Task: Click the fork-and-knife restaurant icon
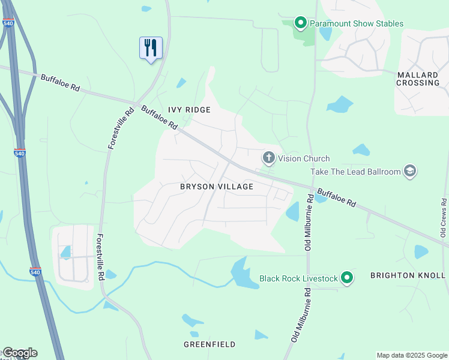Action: pyautogui.click(x=151, y=47)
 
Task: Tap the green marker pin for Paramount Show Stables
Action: pyautogui.click(x=300, y=23)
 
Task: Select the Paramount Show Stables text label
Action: pyautogui.click(x=356, y=24)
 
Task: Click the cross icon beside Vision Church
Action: pyautogui.click(x=268, y=158)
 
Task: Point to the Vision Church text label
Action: pyautogui.click(x=303, y=159)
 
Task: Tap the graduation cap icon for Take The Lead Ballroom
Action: pyautogui.click(x=410, y=172)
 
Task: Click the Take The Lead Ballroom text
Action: pyautogui.click(x=355, y=172)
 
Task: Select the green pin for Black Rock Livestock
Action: pyautogui.click(x=346, y=278)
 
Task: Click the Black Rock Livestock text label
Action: pyautogui.click(x=298, y=278)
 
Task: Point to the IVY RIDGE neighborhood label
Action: pyautogui.click(x=189, y=110)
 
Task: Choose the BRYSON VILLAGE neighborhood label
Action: pyautogui.click(x=217, y=187)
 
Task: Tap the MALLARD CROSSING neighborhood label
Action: pyautogui.click(x=418, y=79)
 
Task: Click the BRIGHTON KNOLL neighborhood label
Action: pyautogui.click(x=408, y=275)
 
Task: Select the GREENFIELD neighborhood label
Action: pyautogui.click(x=209, y=344)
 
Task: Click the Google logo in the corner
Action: pyautogui.click(x=19, y=353)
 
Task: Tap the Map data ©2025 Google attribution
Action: pyautogui.click(x=411, y=355)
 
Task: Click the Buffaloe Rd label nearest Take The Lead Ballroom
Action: pyautogui.click(x=336, y=198)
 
